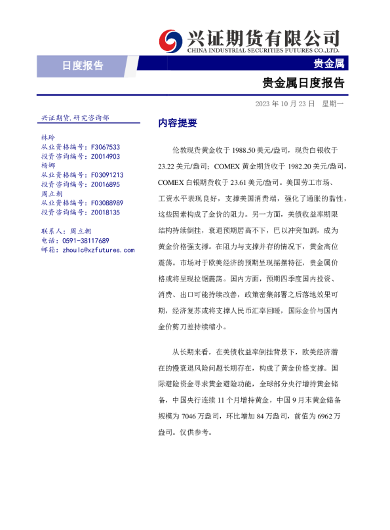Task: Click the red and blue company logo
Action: click(x=172, y=40)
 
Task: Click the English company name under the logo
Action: click(x=263, y=50)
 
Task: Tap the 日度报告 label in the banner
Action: click(x=83, y=65)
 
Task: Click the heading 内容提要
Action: click(x=178, y=123)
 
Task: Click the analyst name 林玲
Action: click(x=48, y=138)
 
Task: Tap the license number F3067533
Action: click(x=105, y=148)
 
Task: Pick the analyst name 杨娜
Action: click(x=48, y=166)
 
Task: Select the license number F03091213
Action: click(x=107, y=175)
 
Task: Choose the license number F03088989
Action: click(x=107, y=203)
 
